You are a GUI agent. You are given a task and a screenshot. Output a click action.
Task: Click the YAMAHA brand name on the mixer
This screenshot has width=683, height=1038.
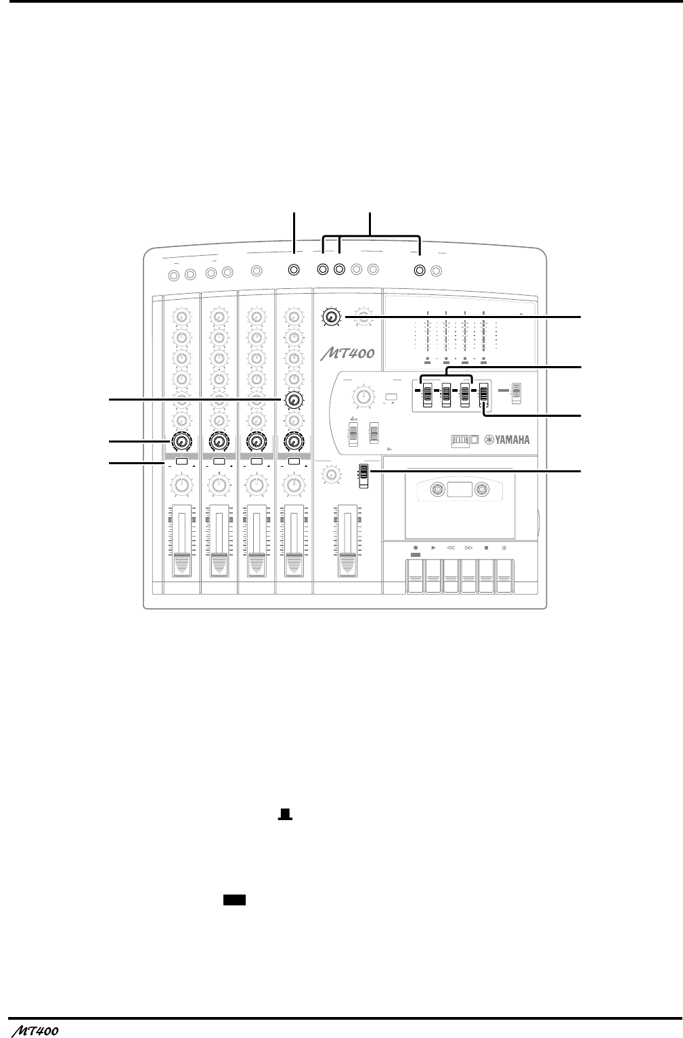[x=505, y=439]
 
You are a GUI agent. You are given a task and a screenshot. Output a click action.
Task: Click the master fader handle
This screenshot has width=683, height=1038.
[x=347, y=563]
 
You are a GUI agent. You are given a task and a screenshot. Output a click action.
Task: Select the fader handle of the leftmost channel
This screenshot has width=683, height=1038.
[x=181, y=563]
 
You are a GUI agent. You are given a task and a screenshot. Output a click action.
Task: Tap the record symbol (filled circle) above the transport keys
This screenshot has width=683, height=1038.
[x=415, y=547]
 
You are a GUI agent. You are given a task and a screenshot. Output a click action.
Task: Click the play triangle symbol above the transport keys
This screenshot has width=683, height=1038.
[x=433, y=547]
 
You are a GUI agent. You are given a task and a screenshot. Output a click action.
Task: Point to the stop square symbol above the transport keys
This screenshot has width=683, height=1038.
[x=486, y=547]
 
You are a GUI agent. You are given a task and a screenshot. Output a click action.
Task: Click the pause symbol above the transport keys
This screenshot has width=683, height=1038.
[x=504, y=547]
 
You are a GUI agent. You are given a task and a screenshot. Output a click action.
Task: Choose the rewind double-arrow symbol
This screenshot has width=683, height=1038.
[x=450, y=547]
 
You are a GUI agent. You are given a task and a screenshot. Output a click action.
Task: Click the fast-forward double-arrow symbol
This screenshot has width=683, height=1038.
[x=468, y=547]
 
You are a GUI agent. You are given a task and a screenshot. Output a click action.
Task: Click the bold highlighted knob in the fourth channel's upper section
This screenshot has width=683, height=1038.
[x=293, y=401]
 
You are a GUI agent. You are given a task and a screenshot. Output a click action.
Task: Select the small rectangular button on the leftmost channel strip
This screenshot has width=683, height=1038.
[x=181, y=462]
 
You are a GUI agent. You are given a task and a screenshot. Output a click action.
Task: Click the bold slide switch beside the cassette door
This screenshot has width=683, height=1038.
[x=363, y=474]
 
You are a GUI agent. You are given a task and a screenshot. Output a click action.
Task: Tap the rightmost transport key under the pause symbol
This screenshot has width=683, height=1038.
[x=504, y=576]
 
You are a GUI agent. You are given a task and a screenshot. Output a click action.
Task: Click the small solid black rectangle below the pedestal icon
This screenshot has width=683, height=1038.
[x=234, y=899]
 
